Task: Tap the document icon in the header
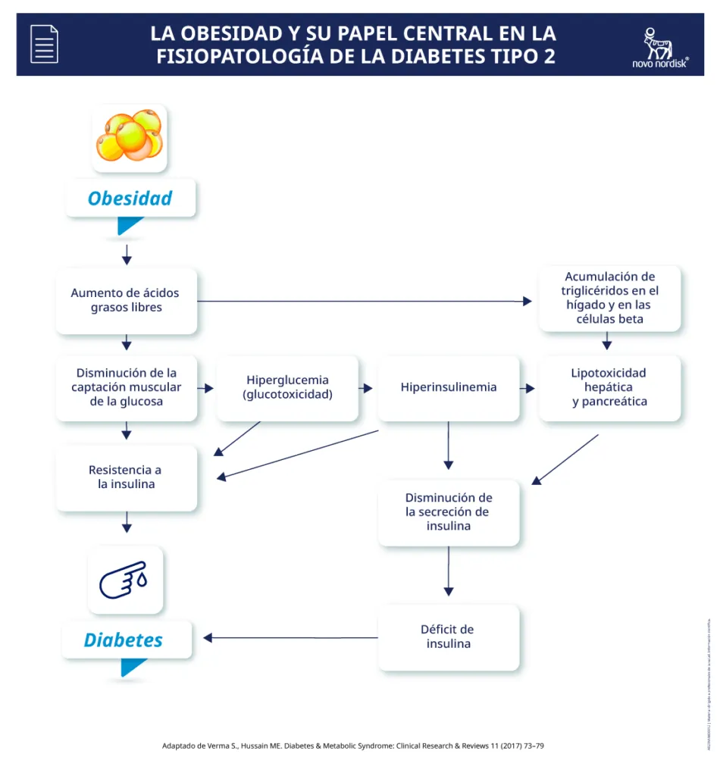point(44,43)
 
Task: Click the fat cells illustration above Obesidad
point(130,137)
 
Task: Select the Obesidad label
point(130,199)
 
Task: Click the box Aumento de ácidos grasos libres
point(126,301)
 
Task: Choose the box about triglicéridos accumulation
point(609,298)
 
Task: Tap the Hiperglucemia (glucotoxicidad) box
point(287,388)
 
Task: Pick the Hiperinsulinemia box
point(449,387)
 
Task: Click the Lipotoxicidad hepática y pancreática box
point(609,387)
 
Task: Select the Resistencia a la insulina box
point(126,477)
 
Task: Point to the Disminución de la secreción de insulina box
point(449,512)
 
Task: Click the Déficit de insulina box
point(448,637)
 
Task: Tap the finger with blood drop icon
point(125,580)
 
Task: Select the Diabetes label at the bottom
point(124,640)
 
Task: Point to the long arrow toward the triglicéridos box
point(364,301)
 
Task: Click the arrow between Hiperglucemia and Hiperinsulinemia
point(366,388)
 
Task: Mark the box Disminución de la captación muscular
point(126,387)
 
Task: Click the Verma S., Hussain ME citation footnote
point(353,746)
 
